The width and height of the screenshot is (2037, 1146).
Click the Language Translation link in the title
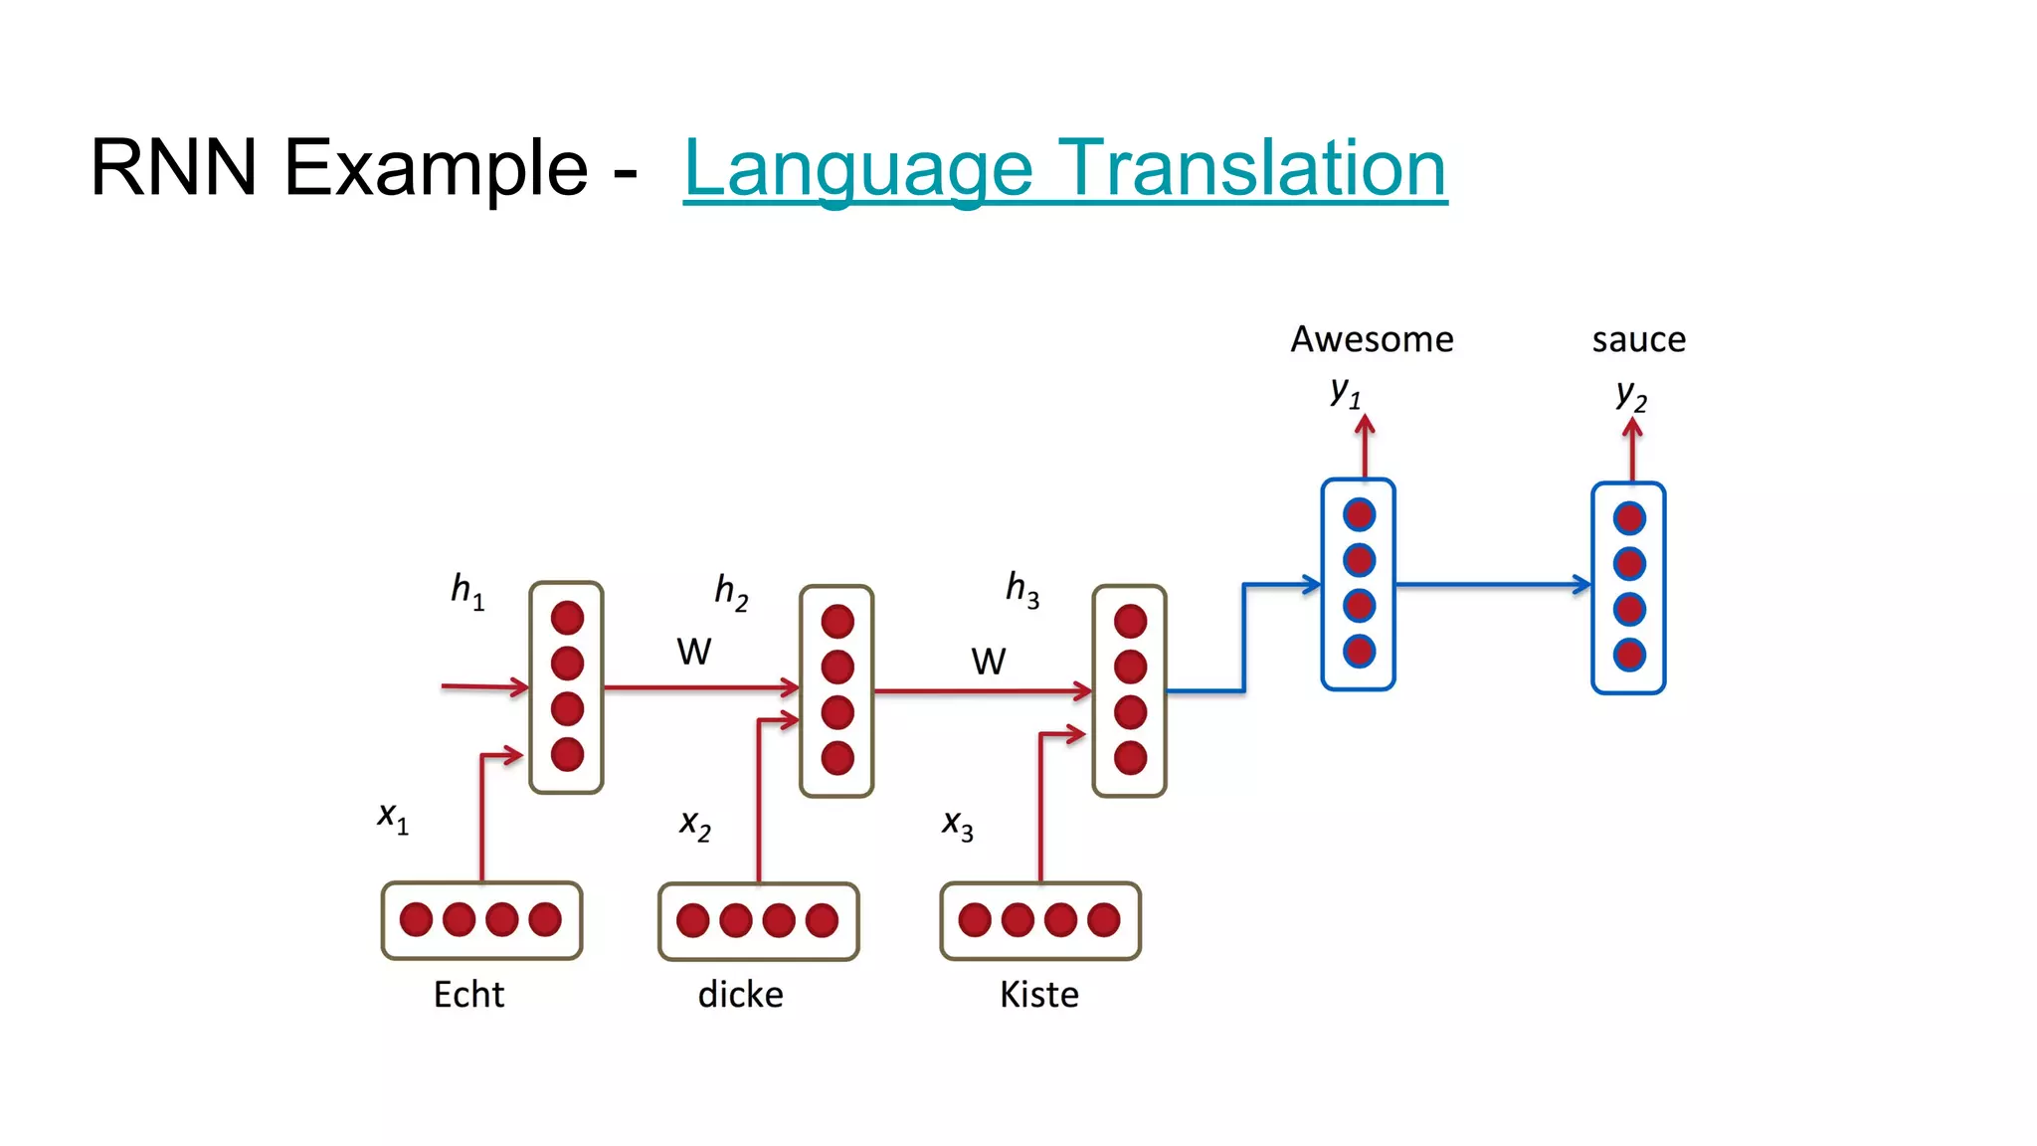[x=1064, y=169]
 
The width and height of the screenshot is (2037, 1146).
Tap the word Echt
[x=468, y=994]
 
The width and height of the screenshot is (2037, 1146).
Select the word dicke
[x=740, y=994]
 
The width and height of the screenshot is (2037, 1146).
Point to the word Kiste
[x=1038, y=994]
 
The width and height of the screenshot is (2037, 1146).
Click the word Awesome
[x=1372, y=340]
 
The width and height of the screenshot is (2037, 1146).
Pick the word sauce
[x=1638, y=340]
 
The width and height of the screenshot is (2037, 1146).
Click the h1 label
[x=467, y=591]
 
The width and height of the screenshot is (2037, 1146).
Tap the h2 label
[x=731, y=592]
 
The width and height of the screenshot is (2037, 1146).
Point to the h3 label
[x=1022, y=589]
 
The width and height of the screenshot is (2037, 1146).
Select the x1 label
[x=393, y=818]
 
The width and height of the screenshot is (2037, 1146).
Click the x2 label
[x=695, y=825]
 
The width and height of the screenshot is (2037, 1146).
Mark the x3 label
[x=958, y=825]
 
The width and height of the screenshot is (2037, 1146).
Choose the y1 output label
[x=1346, y=392]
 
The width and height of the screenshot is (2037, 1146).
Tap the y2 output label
[x=1631, y=396]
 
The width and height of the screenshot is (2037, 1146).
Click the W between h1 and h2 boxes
[x=693, y=652]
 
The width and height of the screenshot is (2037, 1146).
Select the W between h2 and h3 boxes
[x=988, y=662]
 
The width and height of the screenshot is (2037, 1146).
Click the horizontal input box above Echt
[x=481, y=920]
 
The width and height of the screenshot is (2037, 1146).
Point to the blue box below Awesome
[x=1359, y=584]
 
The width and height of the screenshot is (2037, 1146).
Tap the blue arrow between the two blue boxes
[x=1492, y=585]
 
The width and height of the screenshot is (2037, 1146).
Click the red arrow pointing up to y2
[x=1632, y=450]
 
